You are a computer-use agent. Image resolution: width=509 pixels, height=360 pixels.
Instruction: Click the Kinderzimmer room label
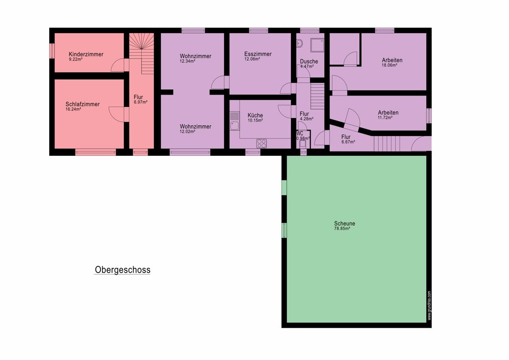click(x=86, y=54)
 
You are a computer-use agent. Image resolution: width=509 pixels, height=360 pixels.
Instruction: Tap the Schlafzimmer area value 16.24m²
click(x=73, y=109)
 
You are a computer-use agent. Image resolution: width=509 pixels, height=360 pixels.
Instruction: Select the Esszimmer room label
click(x=258, y=54)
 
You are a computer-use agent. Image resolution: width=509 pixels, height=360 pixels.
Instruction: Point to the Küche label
click(x=255, y=115)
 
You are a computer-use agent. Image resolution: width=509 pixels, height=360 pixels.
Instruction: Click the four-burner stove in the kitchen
click(x=262, y=144)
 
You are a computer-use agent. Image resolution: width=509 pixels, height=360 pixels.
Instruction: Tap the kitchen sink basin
click(x=234, y=126)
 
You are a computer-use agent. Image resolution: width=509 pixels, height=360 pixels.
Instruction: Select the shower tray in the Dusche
click(x=317, y=45)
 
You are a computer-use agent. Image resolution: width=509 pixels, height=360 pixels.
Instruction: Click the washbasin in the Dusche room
click(x=299, y=43)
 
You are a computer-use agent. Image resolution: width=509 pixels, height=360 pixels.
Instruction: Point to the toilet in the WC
click(x=303, y=144)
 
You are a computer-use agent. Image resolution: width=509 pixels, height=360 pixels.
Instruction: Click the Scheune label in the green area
click(x=344, y=224)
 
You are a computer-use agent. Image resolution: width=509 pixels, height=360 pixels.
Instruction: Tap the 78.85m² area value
click(x=342, y=228)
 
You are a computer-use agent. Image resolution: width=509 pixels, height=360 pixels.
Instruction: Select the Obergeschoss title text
click(x=123, y=270)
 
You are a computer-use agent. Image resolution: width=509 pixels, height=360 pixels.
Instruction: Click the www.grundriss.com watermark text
click(x=429, y=305)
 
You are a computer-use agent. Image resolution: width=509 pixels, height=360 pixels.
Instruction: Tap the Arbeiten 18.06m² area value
click(x=389, y=65)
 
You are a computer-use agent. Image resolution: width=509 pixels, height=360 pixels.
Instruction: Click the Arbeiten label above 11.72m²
click(x=388, y=112)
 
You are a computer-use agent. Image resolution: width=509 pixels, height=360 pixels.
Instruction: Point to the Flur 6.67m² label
click(x=346, y=137)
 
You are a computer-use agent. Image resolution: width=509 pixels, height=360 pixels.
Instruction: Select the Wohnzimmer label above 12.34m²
click(x=196, y=56)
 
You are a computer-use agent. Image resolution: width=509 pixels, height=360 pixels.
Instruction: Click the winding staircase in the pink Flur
click(x=142, y=53)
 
